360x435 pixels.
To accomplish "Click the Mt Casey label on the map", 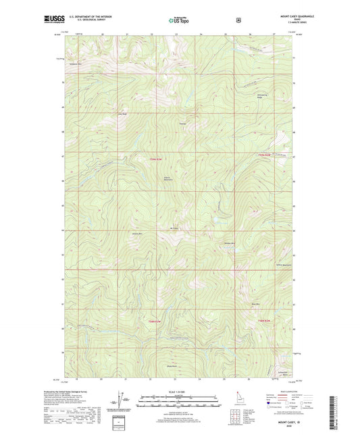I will tap(174, 228).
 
